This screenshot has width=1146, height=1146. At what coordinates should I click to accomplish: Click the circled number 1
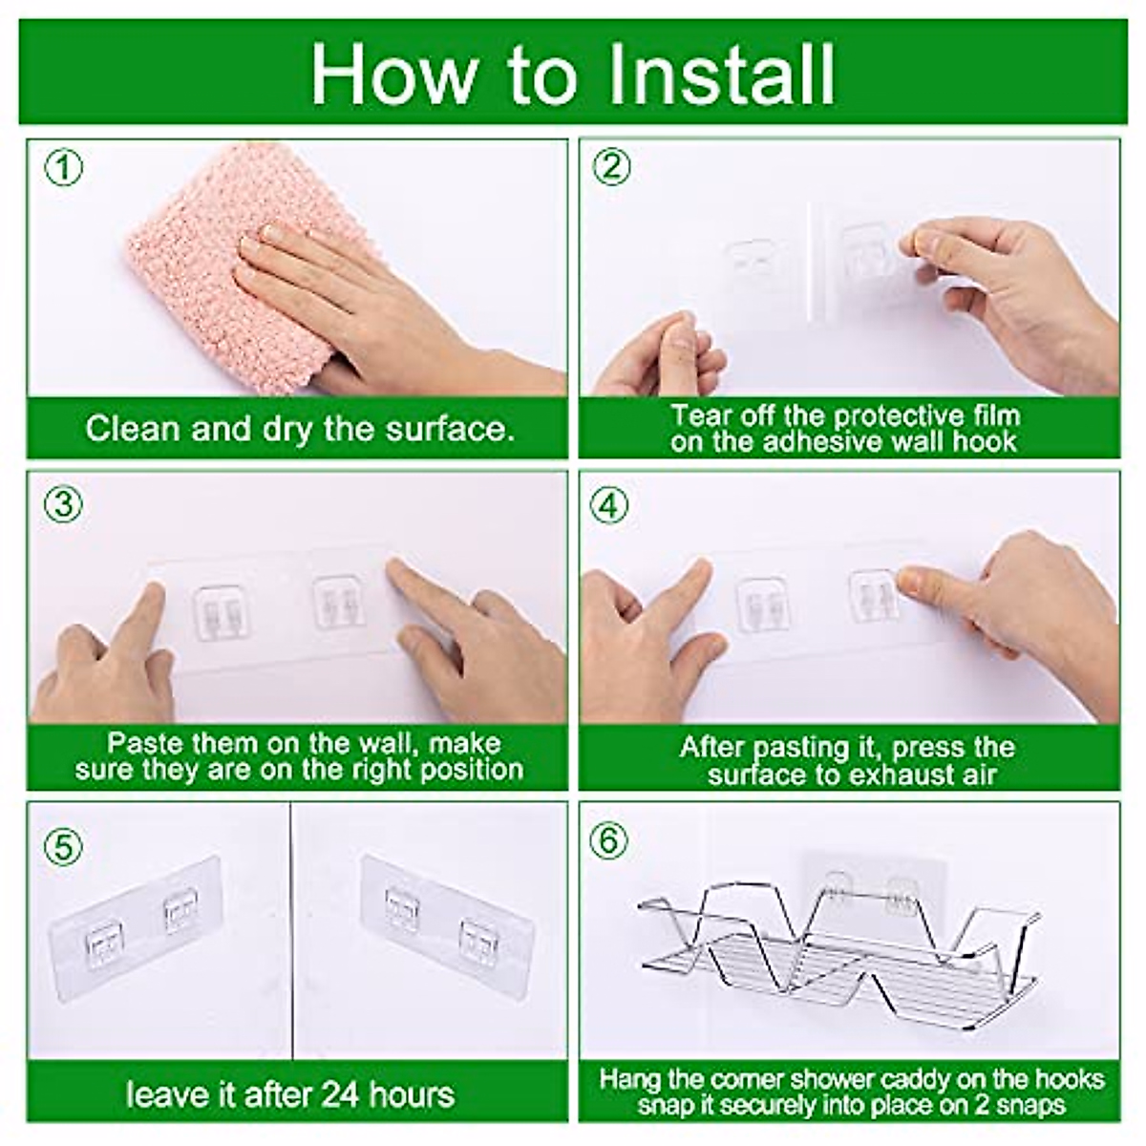click(64, 168)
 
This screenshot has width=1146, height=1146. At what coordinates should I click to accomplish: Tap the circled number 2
click(611, 166)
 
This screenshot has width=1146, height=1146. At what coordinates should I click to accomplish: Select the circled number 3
click(63, 505)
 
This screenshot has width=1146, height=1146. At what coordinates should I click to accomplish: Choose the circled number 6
click(608, 841)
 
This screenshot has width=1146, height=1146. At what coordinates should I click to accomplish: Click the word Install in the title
click(721, 74)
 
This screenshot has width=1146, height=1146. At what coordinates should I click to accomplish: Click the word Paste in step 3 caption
click(139, 743)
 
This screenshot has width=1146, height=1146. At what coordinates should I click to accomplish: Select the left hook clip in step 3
click(220, 612)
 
